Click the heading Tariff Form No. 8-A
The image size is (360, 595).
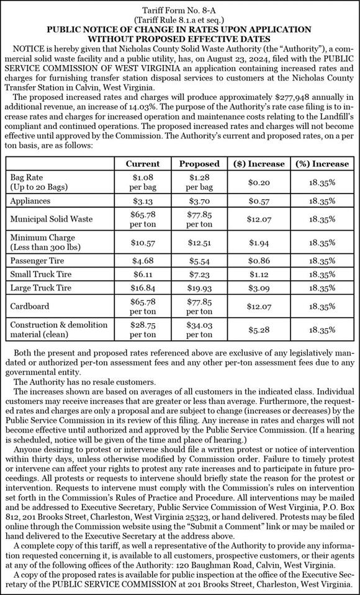coord(179,11)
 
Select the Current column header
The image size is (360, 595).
coord(142,164)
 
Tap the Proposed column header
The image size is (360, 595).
coord(199,164)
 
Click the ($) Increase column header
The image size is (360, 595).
coord(259,164)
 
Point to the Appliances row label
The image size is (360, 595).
coord(30,201)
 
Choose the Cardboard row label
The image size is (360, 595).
coord(30,306)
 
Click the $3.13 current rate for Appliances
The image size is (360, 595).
coord(142,201)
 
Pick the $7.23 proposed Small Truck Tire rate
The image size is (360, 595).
coord(199,273)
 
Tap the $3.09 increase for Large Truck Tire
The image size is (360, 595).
coord(259,288)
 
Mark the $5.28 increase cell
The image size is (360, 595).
coord(259,330)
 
